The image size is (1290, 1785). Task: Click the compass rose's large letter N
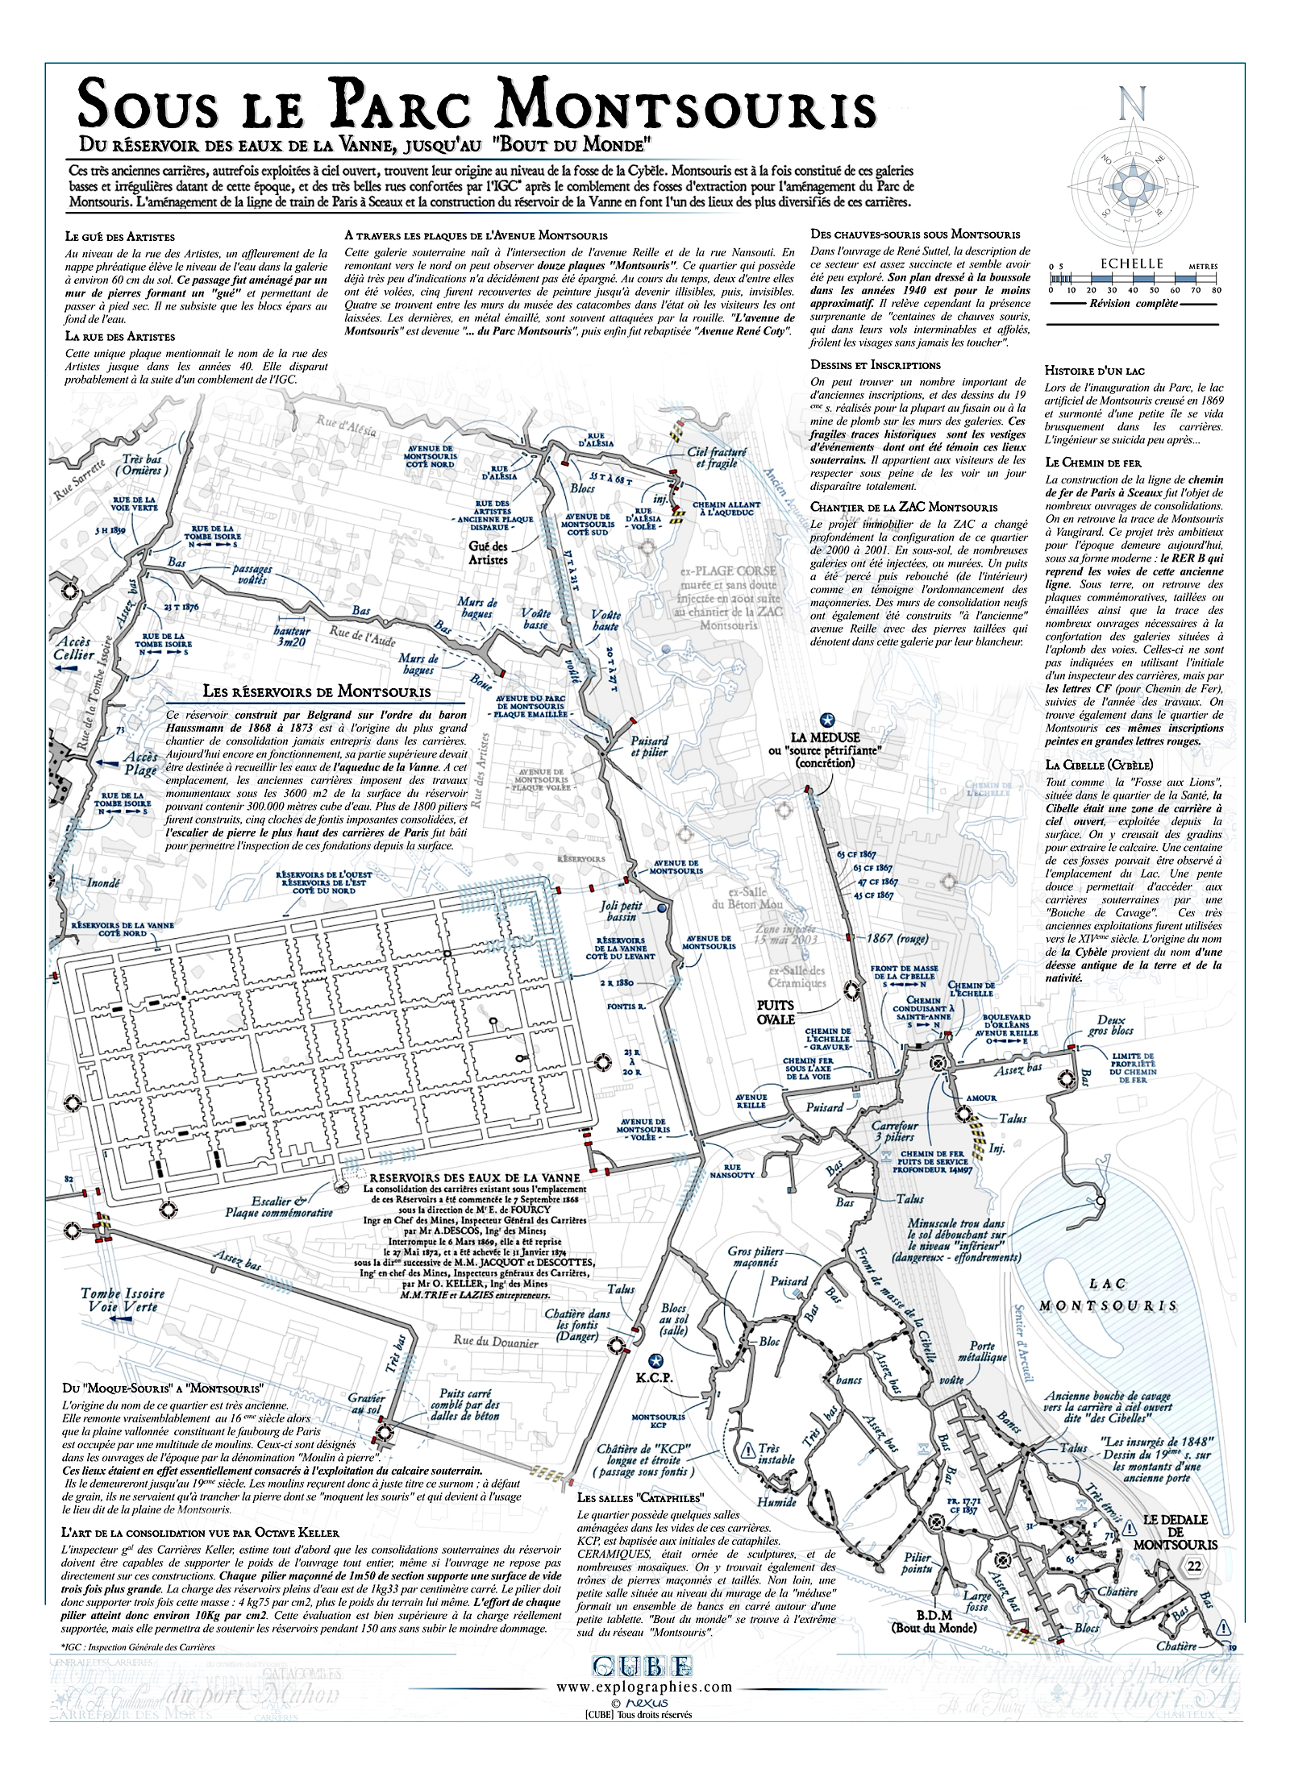(x=1132, y=105)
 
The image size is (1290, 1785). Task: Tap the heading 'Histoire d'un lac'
(x=1094, y=371)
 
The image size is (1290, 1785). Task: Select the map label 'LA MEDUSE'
(x=825, y=737)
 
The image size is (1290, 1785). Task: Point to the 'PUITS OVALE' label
(x=776, y=1012)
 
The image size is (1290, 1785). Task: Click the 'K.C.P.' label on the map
(x=654, y=1377)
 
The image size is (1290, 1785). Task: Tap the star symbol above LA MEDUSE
(x=826, y=720)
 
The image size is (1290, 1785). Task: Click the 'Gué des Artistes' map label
(x=488, y=553)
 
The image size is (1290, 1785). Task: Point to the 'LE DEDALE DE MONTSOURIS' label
(x=1175, y=1532)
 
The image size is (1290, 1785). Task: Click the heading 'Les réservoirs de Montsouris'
(x=316, y=691)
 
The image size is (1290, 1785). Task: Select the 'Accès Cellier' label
(x=73, y=648)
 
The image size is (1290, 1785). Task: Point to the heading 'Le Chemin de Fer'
(x=1092, y=463)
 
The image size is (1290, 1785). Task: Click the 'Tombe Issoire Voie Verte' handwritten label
(x=122, y=1300)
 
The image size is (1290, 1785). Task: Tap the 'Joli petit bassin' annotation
(x=621, y=911)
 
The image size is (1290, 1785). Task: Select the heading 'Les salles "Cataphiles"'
(x=640, y=1497)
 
